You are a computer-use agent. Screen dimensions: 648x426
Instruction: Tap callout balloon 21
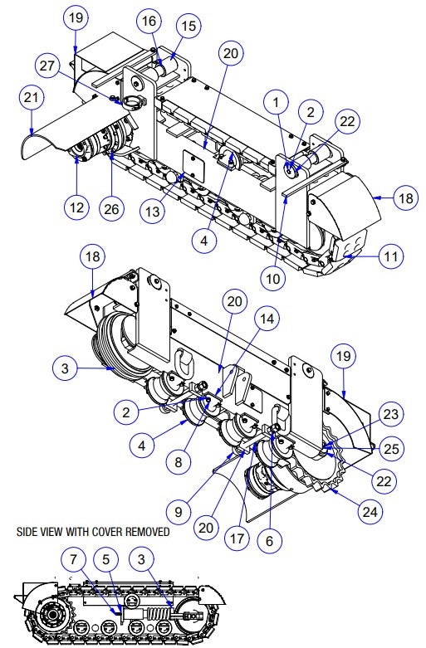30,98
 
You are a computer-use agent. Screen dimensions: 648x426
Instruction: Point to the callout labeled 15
189,27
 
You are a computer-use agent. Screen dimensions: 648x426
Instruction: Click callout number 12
77,207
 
